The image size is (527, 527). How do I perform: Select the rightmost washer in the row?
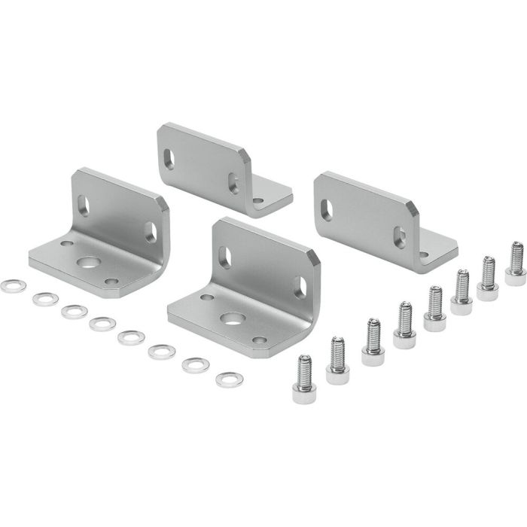click(228, 379)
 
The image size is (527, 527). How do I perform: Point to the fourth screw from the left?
click(404, 320)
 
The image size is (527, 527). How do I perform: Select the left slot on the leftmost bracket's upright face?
click(83, 206)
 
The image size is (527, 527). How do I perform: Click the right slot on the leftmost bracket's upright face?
click(151, 231)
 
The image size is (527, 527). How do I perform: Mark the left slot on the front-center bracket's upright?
click(224, 256)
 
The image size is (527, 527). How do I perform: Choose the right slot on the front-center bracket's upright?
click(300, 286)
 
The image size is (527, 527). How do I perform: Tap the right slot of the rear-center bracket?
click(234, 182)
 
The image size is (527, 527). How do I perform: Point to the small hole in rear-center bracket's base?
click(258, 201)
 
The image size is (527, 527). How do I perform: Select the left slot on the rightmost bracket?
click(325, 208)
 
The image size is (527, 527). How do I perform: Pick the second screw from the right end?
click(487, 276)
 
